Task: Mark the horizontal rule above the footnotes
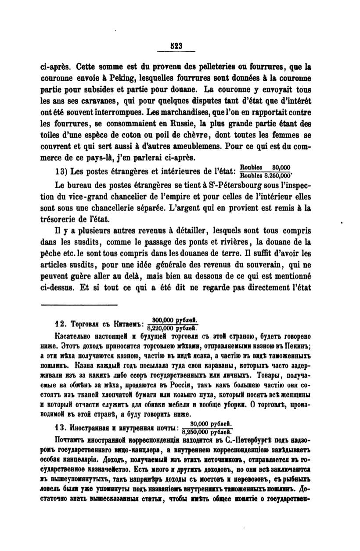(x=79, y=304)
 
